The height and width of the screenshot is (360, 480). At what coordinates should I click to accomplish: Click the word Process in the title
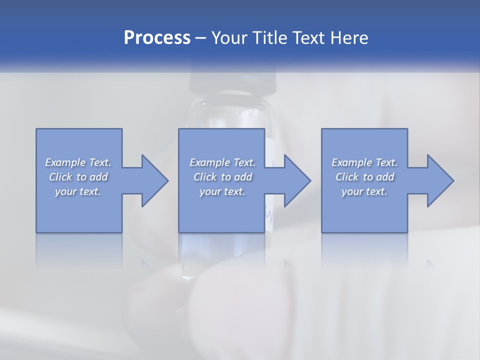point(157,38)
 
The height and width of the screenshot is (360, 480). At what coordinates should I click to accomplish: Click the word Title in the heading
point(270,38)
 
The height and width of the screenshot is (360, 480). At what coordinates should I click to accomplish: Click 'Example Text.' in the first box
point(78,162)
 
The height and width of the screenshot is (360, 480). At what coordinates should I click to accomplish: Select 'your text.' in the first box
point(78,191)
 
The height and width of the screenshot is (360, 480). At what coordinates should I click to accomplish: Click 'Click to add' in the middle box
point(222,177)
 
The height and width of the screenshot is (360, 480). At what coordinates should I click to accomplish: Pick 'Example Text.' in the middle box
point(222,162)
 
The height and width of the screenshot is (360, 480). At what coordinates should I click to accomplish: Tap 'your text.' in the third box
point(364,191)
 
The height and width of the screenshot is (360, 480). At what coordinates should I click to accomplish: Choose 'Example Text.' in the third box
point(364,162)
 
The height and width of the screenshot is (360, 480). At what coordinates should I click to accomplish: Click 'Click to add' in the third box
point(364,177)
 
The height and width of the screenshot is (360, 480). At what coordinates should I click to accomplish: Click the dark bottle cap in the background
point(233,80)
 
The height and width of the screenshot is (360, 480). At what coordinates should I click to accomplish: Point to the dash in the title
point(201,38)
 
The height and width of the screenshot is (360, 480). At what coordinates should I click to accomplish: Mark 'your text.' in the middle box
point(222,191)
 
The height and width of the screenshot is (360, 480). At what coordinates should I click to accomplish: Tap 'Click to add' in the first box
point(78,177)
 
